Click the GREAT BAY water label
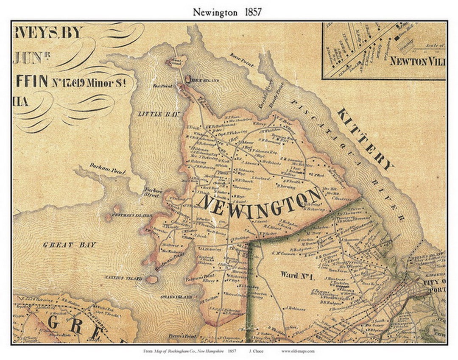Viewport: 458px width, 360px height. coord(70,245)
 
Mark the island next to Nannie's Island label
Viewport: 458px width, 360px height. coord(151,279)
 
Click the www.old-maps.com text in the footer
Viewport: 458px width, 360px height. coord(297,352)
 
